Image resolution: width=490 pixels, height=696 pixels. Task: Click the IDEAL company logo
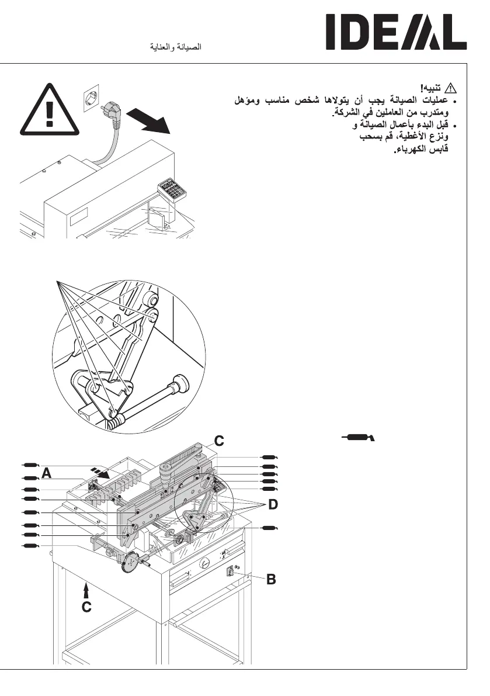[396, 33]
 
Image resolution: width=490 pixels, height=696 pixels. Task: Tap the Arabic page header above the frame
[176, 47]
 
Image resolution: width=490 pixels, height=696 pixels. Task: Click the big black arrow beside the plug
[150, 122]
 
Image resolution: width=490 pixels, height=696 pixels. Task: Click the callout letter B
[271, 580]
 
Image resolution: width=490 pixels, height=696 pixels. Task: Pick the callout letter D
[273, 504]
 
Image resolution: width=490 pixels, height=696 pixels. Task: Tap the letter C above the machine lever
[218, 441]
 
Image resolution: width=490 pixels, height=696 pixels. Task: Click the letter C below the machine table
[86, 608]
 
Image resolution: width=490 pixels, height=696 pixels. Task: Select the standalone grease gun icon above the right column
[358, 437]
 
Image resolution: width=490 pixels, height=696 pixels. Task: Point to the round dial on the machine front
[205, 564]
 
